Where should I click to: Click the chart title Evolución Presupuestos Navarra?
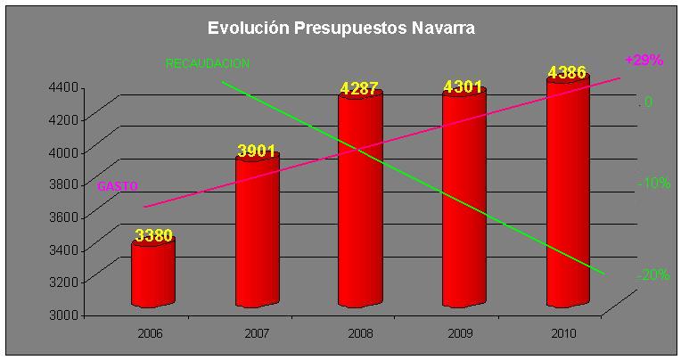pos(341,29)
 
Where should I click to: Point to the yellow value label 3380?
pos(153,235)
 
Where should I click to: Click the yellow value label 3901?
pos(257,151)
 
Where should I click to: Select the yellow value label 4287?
pos(360,88)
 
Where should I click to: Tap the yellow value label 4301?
pos(463,86)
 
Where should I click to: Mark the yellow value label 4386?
pos(567,72)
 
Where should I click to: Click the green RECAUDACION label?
pos(208,64)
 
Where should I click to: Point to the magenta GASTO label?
pos(116,185)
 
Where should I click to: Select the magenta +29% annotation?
pos(644,61)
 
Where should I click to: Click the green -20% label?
pos(653,274)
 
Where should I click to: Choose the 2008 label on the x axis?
pos(360,333)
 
